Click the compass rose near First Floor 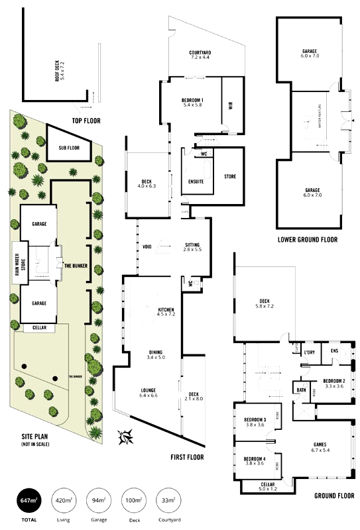click(x=126, y=437)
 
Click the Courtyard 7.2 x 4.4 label click(x=200, y=55)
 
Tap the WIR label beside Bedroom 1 click(x=230, y=105)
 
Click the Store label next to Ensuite click(x=230, y=176)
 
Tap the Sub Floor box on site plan click(x=69, y=148)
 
